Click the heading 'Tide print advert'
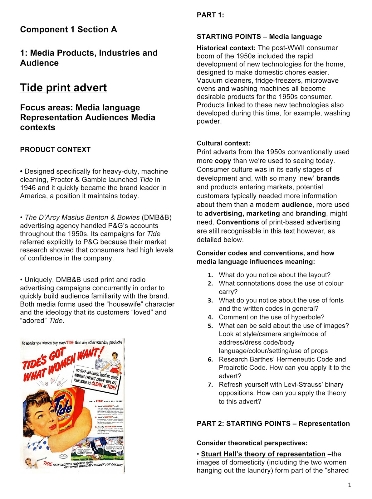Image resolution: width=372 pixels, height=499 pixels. (x=63, y=88)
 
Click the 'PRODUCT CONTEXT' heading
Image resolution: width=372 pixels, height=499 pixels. (x=55, y=150)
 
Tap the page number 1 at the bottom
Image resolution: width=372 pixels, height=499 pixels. (x=350, y=485)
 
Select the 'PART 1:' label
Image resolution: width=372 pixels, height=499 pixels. (x=210, y=15)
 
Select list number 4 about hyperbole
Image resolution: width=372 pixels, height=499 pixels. (x=211, y=317)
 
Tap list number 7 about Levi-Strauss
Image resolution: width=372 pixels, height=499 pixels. (x=211, y=385)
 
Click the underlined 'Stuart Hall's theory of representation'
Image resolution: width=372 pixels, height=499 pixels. (x=263, y=454)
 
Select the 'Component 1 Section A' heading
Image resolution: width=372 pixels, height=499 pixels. (x=68, y=30)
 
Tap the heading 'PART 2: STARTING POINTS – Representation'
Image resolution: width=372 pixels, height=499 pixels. (x=273, y=424)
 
